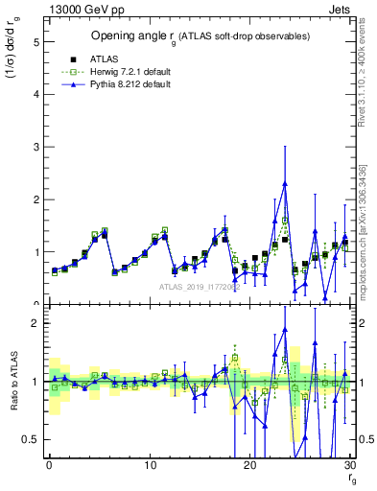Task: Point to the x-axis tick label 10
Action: click(x=150, y=465)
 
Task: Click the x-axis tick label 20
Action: click(x=250, y=465)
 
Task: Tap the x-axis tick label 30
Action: click(x=350, y=465)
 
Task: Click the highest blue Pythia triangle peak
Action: click(x=285, y=183)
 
